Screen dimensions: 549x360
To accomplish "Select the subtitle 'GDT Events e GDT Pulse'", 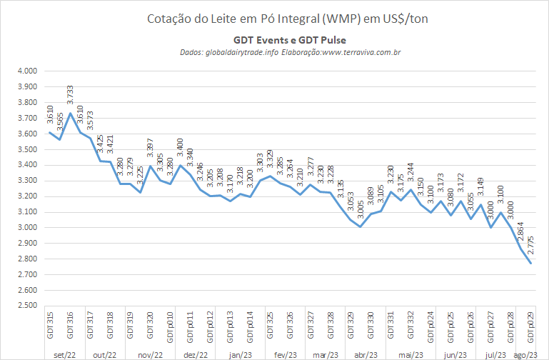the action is point(290,40).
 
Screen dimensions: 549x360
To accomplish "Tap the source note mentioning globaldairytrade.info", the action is point(291,53).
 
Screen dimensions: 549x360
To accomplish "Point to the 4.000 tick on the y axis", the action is point(27,71).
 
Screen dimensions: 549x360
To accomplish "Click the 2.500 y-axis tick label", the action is point(27,306).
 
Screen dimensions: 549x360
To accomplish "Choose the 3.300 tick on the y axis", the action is point(27,181).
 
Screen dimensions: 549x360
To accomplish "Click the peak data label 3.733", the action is point(70,94).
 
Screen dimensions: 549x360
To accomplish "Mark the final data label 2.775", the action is point(530,245).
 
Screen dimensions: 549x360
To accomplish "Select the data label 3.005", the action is point(361,209).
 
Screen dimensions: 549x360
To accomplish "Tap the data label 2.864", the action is point(520,231).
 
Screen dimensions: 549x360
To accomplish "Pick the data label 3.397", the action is point(150,148).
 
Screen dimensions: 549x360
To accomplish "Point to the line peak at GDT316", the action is point(70,113).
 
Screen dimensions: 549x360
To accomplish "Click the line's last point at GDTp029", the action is point(530,264).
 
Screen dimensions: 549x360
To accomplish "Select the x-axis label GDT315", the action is point(50,325).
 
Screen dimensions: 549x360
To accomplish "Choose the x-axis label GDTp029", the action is point(530,327).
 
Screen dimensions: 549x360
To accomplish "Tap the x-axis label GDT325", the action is point(270,325).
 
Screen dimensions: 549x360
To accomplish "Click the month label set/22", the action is point(65,355).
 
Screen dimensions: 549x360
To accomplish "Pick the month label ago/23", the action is point(525,355).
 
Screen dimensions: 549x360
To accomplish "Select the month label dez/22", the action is point(195,355).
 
